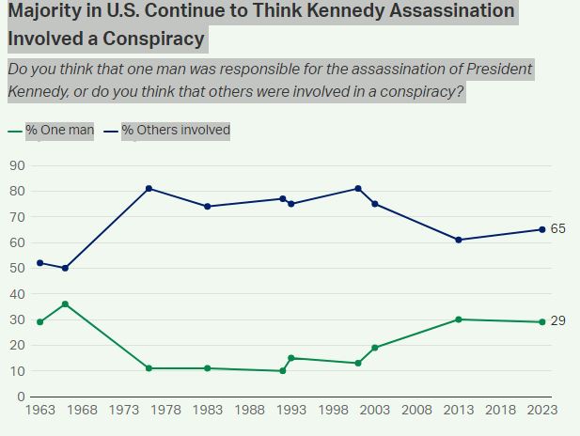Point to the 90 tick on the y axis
(16, 165)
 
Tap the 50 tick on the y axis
(16, 269)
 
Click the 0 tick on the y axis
(21, 397)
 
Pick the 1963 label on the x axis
(40, 411)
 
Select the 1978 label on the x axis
(166, 411)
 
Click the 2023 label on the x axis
(542, 411)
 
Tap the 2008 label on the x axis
(416, 411)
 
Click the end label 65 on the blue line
(558, 229)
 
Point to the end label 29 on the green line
(558, 321)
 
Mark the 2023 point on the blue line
(542, 229)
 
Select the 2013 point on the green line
(459, 319)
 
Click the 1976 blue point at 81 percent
(149, 189)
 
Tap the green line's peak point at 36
(65, 304)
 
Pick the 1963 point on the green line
(39, 322)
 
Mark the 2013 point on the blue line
(459, 240)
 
